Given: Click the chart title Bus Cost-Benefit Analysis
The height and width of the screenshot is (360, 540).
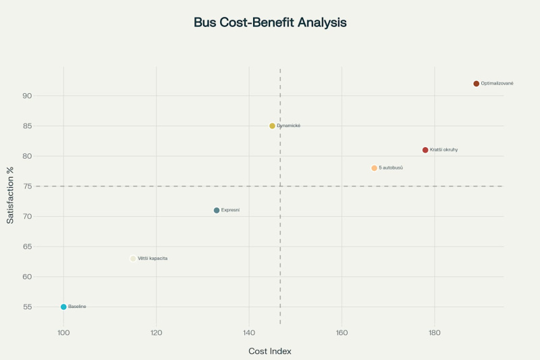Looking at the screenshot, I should click(270, 22).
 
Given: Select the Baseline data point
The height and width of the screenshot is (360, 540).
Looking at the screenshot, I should click(63, 307).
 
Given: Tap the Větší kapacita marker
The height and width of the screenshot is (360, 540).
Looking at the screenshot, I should click(133, 259).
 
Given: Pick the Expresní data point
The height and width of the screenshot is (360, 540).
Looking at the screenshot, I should click(217, 210).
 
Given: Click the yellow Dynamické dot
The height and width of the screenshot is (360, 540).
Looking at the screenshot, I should click(272, 126).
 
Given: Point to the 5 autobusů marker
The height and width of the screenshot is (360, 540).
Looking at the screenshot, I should click(374, 168).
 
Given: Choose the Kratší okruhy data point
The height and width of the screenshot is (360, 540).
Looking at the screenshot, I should click(425, 150).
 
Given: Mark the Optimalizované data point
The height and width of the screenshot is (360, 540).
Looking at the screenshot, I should click(477, 84).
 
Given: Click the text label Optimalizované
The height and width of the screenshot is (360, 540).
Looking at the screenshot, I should click(497, 84).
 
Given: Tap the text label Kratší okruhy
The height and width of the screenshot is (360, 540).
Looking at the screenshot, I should click(443, 150).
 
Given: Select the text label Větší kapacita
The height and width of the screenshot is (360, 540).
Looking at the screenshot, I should click(153, 259).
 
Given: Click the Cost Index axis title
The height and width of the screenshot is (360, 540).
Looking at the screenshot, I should click(270, 351).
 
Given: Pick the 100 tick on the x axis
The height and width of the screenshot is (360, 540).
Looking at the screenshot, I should click(63, 332).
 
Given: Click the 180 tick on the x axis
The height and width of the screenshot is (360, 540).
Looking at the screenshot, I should click(434, 332).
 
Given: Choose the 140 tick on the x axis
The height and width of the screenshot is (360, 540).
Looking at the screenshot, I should click(249, 332).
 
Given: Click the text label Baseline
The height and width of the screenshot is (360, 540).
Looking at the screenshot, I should click(77, 307).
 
